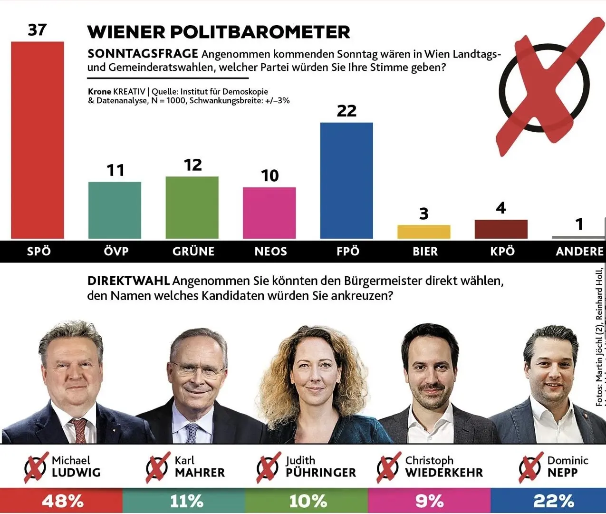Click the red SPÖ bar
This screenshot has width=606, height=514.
[38, 140]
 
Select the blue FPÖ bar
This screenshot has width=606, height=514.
[346, 181]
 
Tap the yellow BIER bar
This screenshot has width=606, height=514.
[424, 232]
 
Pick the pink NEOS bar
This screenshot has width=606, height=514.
[269, 213]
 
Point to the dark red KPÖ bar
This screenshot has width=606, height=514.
[501, 229]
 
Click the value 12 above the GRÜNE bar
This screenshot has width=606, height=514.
[192, 165]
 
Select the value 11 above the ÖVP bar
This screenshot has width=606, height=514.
[115, 170]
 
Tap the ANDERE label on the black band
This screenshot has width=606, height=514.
[579, 252]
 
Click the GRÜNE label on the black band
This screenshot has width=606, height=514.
[193, 252]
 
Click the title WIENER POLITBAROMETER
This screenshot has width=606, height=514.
[219, 32]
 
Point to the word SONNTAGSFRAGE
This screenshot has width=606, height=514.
[143, 54]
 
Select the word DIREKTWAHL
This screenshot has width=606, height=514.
[128, 281]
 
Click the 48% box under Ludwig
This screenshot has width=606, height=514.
[62, 501]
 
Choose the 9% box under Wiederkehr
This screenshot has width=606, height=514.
[429, 501]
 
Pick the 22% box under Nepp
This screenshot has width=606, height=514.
[553, 501]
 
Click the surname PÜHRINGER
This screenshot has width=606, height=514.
[321, 473]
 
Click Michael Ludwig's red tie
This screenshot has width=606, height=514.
[79, 430]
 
